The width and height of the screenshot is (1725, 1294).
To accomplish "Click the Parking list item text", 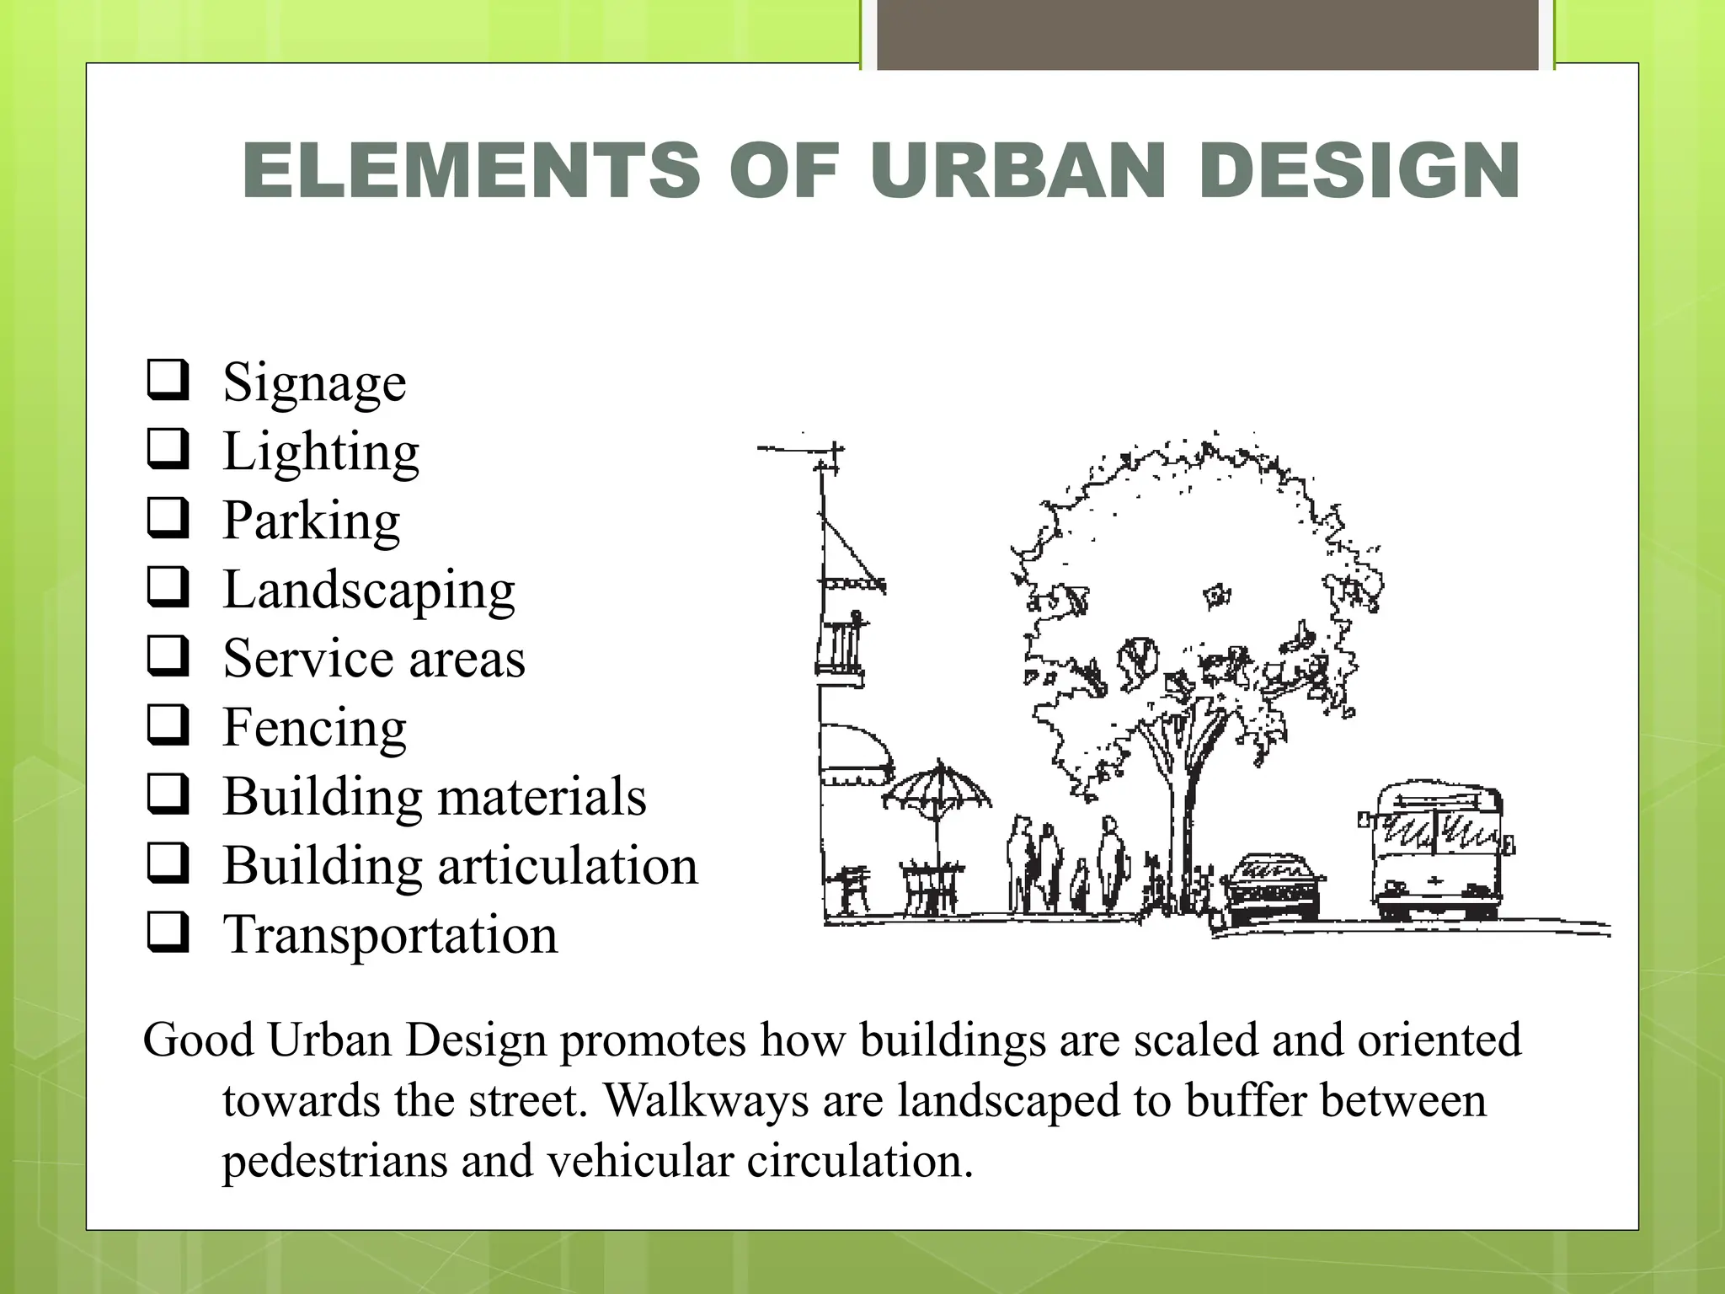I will pyautogui.click(x=311, y=520).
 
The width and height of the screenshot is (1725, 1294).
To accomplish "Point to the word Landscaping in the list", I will pyautogui.click(x=368, y=589).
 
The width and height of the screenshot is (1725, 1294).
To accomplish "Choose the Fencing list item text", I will pyautogui.click(x=314, y=726).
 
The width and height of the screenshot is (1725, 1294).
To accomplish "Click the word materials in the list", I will pyautogui.click(x=542, y=796).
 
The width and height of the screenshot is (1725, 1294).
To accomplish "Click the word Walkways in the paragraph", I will pyautogui.click(x=706, y=1100).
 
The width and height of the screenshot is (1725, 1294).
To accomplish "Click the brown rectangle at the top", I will pyautogui.click(x=1208, y=34).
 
